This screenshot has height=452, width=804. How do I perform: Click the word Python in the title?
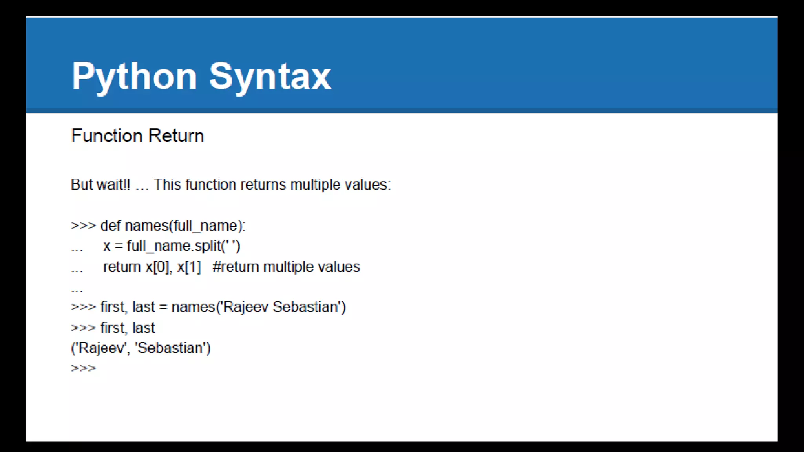[134, 77]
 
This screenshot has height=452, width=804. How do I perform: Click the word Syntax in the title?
[270, 77]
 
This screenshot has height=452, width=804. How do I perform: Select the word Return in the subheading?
[176, 136]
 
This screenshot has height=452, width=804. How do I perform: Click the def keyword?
[111, 226]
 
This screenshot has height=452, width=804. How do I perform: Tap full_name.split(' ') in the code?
[183, 246]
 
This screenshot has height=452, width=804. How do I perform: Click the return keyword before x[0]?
[122, 267]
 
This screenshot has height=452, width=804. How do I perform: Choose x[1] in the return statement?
[189, 267]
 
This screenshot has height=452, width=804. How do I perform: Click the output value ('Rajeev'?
[100, 348]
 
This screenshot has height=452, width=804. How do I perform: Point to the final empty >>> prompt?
[83, 368]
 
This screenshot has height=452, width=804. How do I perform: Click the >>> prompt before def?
[83, 226]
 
